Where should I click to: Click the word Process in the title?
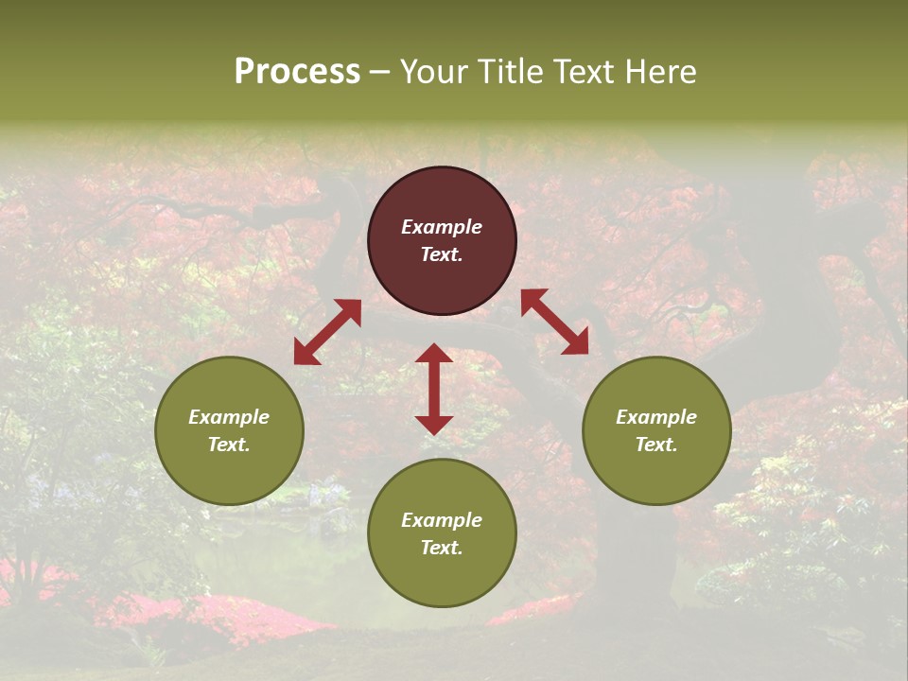(x=297, y=72)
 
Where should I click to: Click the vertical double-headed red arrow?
(x=434, y=389)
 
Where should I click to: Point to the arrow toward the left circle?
(x=327, y=332)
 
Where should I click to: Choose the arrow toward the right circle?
(x=554, y=322)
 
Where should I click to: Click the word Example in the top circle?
(x=442, y=227)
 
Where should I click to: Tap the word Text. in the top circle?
(x=442, y=254)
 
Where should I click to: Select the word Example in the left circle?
(x=229, y=417)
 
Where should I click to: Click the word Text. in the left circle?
(x=229, y=445)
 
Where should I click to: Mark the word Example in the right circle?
(x=656, y=417)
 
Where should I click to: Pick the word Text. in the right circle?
(x=656, y=445)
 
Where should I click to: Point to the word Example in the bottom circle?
(x=442, y=520)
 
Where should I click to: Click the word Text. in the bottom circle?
(x=442, y=548)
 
